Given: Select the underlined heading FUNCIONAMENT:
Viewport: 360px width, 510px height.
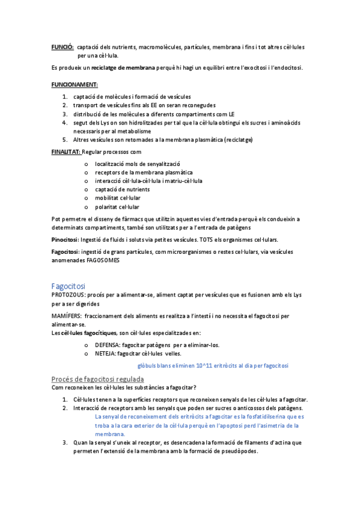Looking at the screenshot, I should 75,85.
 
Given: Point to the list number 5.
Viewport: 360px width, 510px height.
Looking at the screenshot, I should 65,140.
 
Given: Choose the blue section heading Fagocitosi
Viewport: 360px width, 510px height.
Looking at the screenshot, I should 69,286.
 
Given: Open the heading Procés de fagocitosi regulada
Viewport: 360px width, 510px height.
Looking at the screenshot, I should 97,379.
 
